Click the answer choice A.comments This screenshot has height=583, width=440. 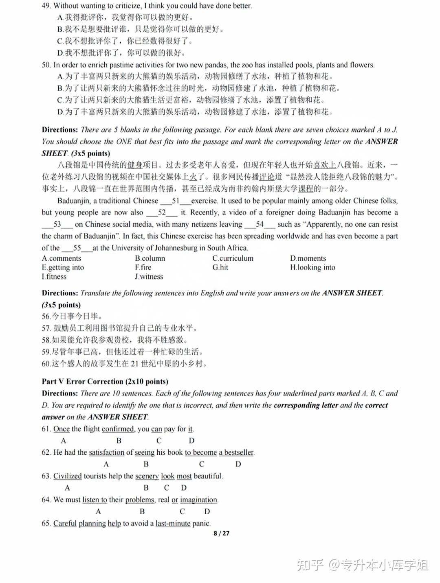pyautogui.click(x=62, y=258)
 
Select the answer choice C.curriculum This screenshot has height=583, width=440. pyautogui.click(x=233, y=258)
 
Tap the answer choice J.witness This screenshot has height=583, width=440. pyautogui.click(x=149, y=277)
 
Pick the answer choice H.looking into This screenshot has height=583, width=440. pyautogui.click(x=312, y=267)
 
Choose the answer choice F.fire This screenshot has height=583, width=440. pyautogui.click(x=143, y=267)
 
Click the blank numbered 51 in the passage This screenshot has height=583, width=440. pyautogui.click(x=176, y=201)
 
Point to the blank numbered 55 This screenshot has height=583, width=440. pyautogui.click(x=77, y=248)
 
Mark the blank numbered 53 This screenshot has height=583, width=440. pyautogui.click(x=57, y=225)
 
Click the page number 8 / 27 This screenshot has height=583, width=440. pyautogui.click(x=222, y=533)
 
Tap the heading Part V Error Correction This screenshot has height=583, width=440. pyautogui.click(x=105, y=382)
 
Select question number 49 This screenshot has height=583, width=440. pyautogui.click(x=46, y=6)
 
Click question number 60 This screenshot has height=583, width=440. pyautogui.click(x=46, y=364)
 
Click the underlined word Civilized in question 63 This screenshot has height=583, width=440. pyautogui.click(x=68, y=476)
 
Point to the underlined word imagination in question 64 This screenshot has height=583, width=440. pyautogui.click(x=199, y=500)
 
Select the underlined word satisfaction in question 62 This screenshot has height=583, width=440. pyautogui.click(x=107, y=452)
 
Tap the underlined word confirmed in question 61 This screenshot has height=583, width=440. pyautogui.click(x=118, y=429)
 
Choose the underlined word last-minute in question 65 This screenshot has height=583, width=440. pyautogui.click(x=173, y=523)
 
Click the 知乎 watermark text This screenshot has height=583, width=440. pyautogui.click(x=310, y=565)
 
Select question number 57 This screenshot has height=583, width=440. pyautogui.click(x=46, y=328)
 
